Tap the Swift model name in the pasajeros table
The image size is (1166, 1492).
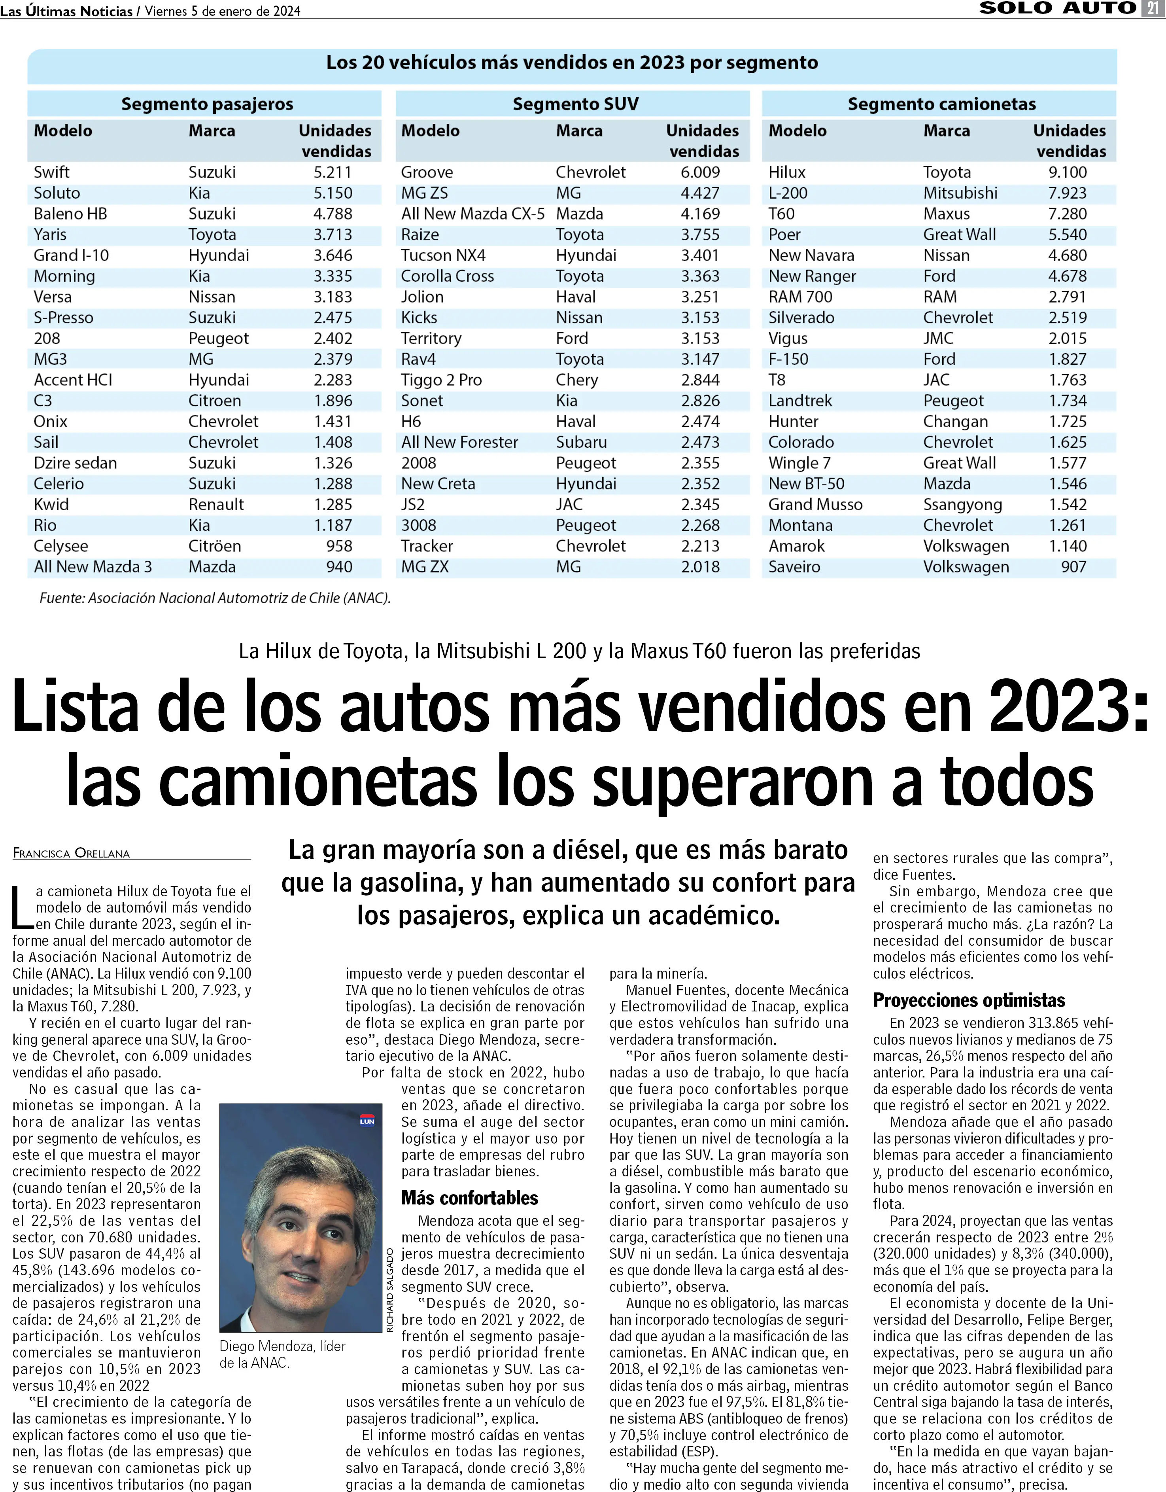click(52, 172)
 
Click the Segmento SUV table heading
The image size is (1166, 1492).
click(575, 104)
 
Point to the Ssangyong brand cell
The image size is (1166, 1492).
click(962, 504)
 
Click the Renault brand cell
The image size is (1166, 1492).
click(216, 504)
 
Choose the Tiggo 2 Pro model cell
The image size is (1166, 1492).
click(441, 380)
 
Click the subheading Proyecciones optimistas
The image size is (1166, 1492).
click(969, 1000)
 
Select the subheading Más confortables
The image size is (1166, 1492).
click(469, 1198)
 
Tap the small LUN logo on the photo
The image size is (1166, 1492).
click(367, 1120)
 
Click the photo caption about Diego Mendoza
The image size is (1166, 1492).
click(282, 1354)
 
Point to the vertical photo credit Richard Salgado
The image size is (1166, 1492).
click(390, 1290)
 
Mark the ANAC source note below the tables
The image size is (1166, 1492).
click(214, 598)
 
